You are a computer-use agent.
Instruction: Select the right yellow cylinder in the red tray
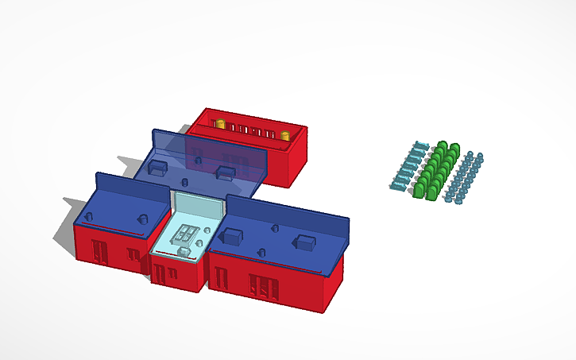[284, 135]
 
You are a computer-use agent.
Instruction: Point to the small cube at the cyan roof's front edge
[184, 252]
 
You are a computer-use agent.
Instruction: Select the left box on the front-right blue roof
[234, 235]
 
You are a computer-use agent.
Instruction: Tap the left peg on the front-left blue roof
[88, 215]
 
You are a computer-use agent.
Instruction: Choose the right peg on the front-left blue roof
[143, 219]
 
